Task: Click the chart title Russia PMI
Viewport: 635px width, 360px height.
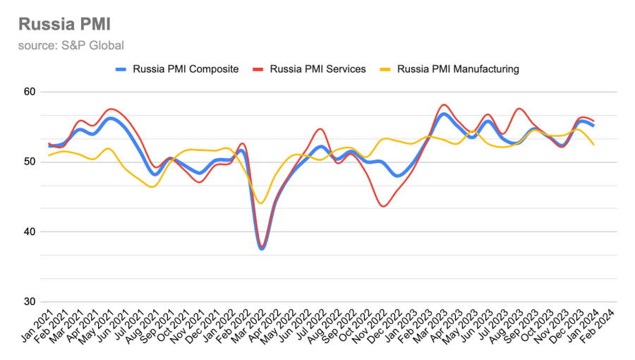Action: pos(64,25)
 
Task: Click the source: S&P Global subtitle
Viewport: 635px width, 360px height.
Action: pos(71,46)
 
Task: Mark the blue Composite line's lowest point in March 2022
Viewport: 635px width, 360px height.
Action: pos(262,248)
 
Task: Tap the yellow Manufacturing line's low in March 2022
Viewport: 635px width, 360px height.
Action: pos(261,203)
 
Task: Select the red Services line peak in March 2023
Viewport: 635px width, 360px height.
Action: pos(443,104)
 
